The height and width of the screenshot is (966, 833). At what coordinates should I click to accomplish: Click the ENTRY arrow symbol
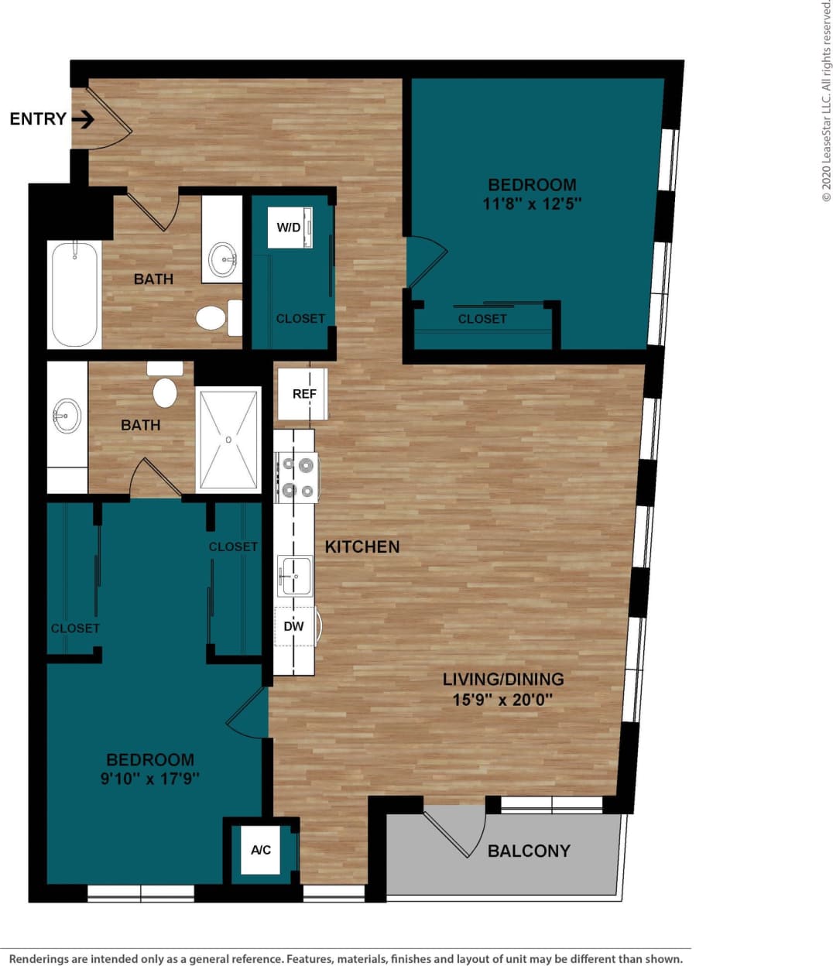pos(84,119)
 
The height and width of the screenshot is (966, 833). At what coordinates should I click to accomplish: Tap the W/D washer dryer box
pos(290,228)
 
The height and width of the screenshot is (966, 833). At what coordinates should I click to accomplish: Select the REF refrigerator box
pos(303,394)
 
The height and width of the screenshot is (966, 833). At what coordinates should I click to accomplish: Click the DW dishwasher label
pos(294,626)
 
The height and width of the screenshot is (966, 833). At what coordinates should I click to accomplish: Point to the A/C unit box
pos(261,850)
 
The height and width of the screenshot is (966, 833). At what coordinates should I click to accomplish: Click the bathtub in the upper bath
pos(74,294)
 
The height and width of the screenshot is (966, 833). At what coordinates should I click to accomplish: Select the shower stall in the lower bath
pos(228,439)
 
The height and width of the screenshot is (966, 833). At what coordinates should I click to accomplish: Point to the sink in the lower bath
pos(67,416)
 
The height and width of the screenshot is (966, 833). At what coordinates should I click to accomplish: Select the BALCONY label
pos(529,851)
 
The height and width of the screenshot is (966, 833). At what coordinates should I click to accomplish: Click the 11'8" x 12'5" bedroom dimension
pos(532,204)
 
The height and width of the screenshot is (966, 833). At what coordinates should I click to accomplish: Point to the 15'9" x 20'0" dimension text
pos(502,700)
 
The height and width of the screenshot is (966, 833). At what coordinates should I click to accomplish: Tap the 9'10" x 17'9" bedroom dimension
pos(150,779)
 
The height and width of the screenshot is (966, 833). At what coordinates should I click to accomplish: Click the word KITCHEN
pos(362,546)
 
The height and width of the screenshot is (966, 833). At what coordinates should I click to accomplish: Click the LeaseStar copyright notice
pos(826,101)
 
